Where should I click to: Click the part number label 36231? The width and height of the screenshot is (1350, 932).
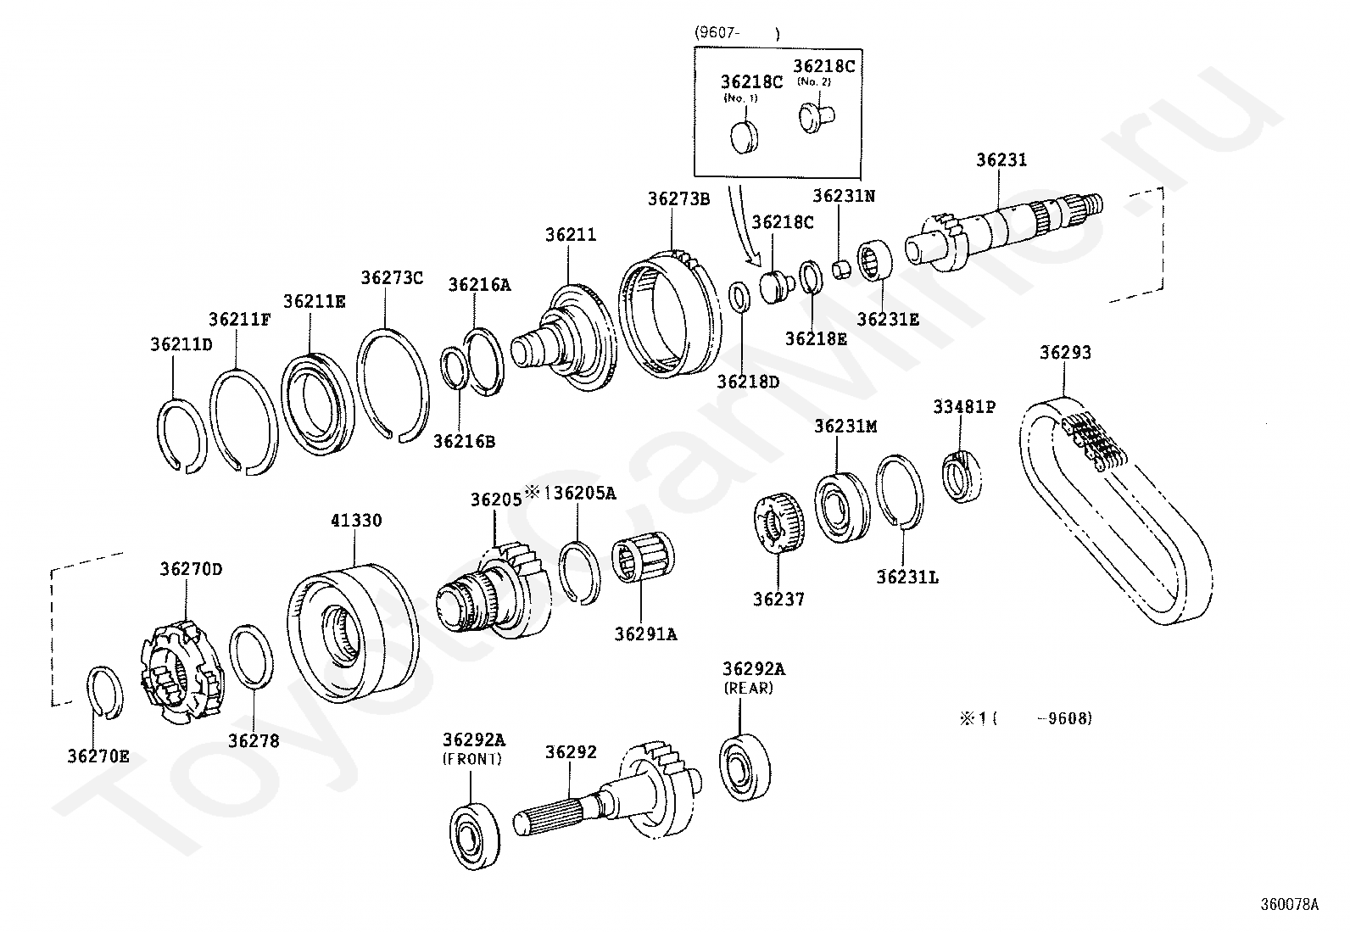click(x=1001, y=160)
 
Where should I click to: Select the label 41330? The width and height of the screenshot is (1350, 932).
click(x=356, y=521)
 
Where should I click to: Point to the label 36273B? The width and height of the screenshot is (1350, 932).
click(x=678, y=199)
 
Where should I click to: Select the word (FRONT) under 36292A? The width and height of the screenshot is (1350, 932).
click(x=472, y=759)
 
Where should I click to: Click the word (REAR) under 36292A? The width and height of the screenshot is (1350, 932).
click(x=748, y=689)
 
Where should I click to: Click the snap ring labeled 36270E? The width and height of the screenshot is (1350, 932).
click(x=106, y=692)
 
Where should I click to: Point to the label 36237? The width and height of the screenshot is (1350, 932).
click(x=778, y=600)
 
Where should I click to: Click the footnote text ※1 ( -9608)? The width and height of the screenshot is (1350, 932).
click(x=1026, y=718)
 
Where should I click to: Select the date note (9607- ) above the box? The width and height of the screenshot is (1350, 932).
click(x=736, y=33)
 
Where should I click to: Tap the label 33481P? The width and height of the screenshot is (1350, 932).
click(x=964, y=407)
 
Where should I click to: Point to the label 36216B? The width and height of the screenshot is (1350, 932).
click(x=464, y=441)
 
